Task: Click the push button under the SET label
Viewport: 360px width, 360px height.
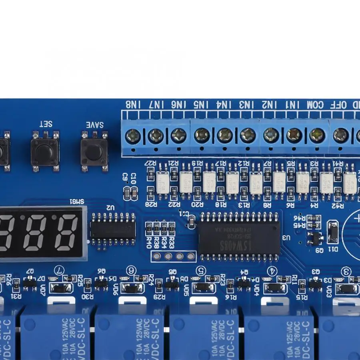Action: (x=45, y=151)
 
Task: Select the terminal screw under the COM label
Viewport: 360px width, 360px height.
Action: (x=317, y=135)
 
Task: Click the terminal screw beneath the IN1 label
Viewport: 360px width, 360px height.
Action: (x=294, y=135)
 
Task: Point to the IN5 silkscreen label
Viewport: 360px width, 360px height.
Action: (x=202, y=105)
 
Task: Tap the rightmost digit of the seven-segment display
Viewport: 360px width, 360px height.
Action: (x=66, y=232)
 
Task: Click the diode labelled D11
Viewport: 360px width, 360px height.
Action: (x=333, y=232)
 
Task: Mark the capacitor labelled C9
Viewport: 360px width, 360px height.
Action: (x=127, y=193)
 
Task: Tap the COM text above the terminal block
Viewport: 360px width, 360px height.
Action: (x=316, y=105)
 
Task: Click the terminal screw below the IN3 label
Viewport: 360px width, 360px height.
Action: (x=248, y=135)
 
